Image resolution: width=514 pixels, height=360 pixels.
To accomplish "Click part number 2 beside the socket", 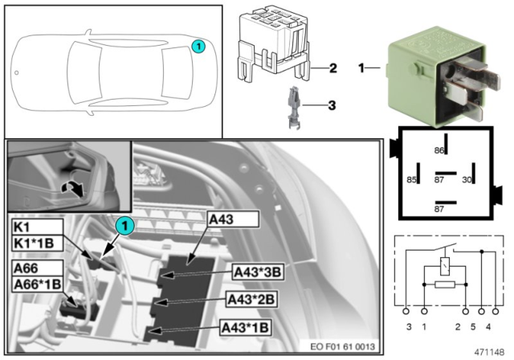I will point(331,68).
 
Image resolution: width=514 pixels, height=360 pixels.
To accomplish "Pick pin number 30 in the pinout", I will point(465,179).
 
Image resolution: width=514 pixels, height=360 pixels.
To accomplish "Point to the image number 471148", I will point(488,352).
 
